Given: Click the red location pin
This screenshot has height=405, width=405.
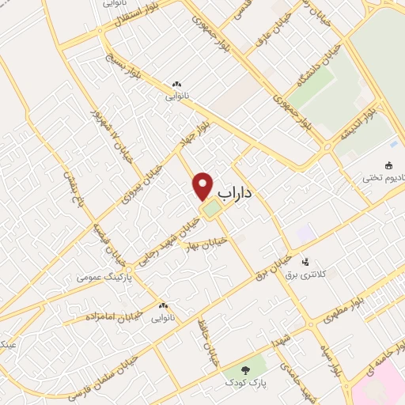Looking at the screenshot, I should click(203, 187).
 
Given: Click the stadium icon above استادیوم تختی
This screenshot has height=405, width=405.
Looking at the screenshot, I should click(389, 165).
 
